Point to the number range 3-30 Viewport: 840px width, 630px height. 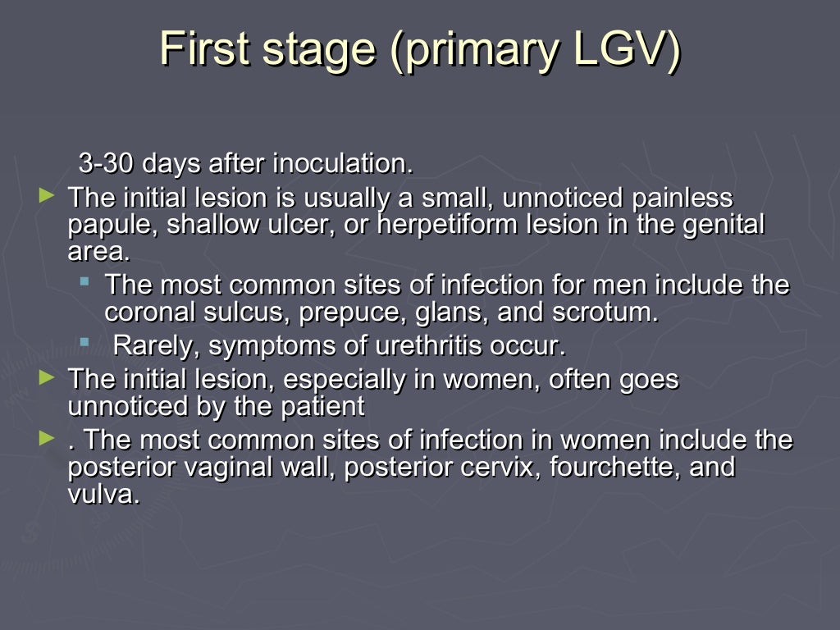tap(106, 163)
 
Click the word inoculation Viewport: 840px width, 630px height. tap(342, 163)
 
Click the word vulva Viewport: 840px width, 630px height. tap(103, 495)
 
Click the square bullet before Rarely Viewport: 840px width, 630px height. tap(84, 342)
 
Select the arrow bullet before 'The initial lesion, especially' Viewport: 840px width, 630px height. tap(48, 377)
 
